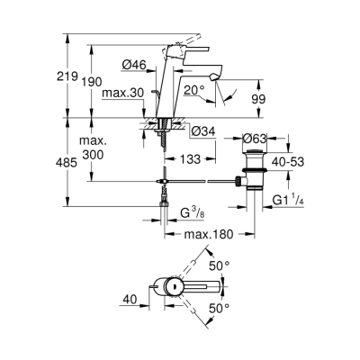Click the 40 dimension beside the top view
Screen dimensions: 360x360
pos(131,298)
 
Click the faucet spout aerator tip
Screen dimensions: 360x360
pos(211,81)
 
